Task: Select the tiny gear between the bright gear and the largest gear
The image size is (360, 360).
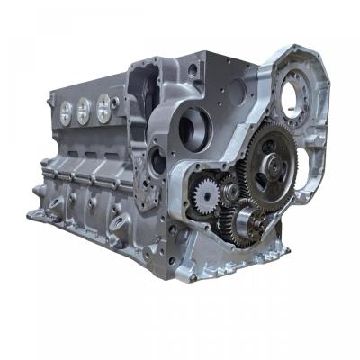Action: click(229, 190)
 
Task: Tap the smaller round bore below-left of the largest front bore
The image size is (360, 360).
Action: click(157, 162)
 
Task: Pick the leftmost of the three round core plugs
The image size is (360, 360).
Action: click(65, 112)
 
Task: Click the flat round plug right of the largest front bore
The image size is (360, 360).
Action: click(235, 91)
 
